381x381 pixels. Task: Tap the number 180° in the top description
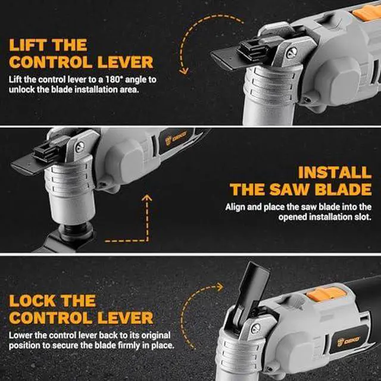114,79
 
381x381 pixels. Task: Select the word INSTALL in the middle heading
335,173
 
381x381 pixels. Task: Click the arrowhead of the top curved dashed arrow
184,70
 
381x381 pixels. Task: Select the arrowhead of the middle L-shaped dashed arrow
147,198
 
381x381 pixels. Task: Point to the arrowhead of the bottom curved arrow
220,287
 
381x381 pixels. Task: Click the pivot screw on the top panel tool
292,52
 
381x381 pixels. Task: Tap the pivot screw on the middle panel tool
80,146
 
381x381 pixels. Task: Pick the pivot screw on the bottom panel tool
255,329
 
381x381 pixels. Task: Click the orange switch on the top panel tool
367,12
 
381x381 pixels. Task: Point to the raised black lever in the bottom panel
252,294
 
